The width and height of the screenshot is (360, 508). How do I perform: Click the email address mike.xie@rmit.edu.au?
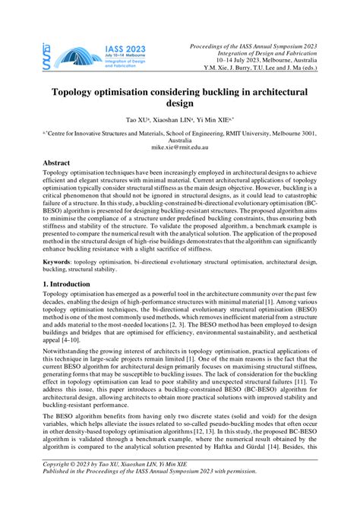pos(180,149)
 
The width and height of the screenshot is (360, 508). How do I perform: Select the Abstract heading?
pos(56,163)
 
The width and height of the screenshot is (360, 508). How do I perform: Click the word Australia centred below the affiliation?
pos(180,140)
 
